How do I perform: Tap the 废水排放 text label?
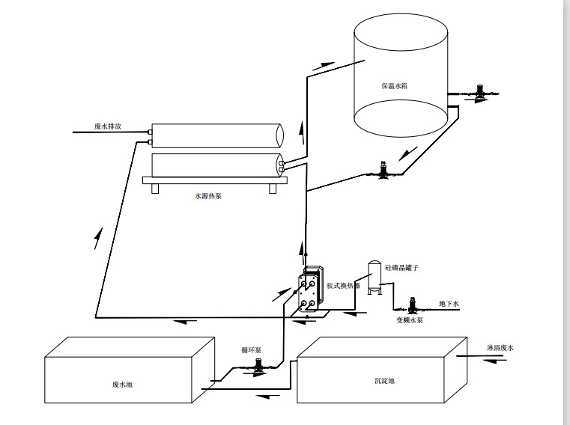108,126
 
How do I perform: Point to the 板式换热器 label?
343,285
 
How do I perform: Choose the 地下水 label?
448,303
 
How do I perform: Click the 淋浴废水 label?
500,348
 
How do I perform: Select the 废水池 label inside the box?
121,384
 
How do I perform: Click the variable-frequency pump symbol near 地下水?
411,306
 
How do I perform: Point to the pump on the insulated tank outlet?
476,92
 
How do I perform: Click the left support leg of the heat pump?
155,188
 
